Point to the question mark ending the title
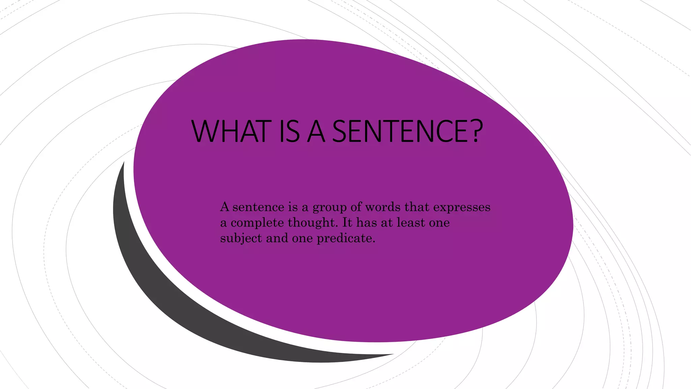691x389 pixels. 474,131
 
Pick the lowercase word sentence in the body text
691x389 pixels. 258,207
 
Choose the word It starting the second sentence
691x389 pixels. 347,223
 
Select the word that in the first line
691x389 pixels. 417,207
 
